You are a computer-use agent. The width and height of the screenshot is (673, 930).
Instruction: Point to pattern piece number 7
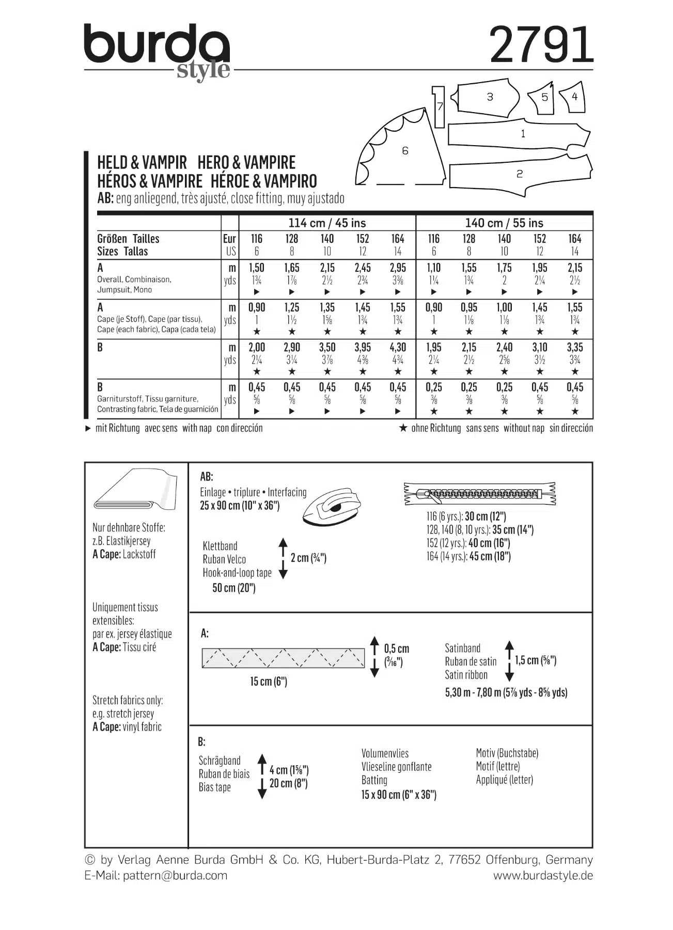[x=439, y=106]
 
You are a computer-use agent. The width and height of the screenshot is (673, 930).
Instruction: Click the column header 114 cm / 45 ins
[x=327, y=223]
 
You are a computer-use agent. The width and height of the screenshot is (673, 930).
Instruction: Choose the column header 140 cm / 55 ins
[x=504, y=223]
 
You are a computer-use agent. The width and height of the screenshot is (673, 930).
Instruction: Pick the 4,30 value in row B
[x=398, y=347]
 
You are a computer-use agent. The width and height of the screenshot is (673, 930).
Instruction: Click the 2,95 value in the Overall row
[x=398, y=268]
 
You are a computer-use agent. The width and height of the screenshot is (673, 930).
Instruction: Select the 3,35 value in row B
[x=574, y=347]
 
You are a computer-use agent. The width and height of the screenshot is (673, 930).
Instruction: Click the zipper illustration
[x=480, y=494]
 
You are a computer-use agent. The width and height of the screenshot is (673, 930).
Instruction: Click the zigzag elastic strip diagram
[x=283, y=658]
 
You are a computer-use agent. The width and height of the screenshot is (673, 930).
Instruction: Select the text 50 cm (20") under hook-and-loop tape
[x=234, y=588]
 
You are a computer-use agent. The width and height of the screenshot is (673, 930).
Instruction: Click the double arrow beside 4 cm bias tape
[x=262, y=777]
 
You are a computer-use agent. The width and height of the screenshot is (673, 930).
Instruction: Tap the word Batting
[x=374, y=780]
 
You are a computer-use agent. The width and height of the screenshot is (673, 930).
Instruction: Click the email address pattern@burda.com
[x=175, y=875]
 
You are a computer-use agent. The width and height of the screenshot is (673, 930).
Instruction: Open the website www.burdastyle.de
[x=543, y=875]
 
